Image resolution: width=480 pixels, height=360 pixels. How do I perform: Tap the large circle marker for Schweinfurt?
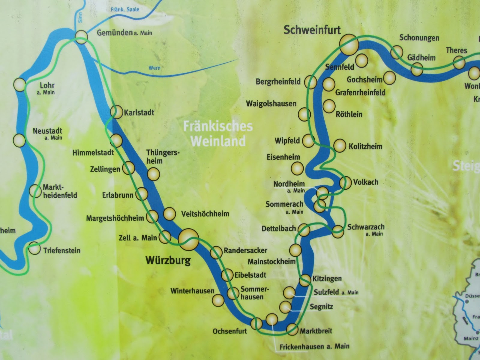[349, 45]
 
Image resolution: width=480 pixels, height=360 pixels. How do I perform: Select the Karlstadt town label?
[139, 112]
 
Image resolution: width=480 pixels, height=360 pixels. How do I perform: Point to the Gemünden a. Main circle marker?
[81, 37]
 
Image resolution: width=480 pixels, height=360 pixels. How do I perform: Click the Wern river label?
[154, 68]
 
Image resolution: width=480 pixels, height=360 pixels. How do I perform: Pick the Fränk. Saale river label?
[125, 10]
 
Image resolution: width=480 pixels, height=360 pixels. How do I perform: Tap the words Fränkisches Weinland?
[218, 134]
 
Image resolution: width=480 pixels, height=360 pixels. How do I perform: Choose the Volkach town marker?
[346, 182]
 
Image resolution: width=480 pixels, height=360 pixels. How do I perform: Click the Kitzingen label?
[327, 279]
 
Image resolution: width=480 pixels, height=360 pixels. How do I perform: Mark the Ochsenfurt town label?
[230, 331]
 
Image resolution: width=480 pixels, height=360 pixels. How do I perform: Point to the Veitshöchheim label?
[205, 214]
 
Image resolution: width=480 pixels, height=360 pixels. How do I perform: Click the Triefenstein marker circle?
[34, 248]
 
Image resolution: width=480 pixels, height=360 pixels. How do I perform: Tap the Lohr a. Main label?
[47, 88]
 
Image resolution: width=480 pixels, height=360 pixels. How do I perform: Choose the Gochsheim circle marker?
[389, 78]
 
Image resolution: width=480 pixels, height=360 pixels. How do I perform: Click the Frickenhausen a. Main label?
[314, 347]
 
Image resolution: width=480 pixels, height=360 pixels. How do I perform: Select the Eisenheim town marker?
[297, 169]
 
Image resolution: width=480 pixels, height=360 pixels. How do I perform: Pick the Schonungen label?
[419, 38]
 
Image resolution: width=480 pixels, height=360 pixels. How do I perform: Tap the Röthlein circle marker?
[329, 106]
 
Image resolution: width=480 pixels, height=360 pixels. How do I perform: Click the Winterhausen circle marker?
[218, 300]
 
